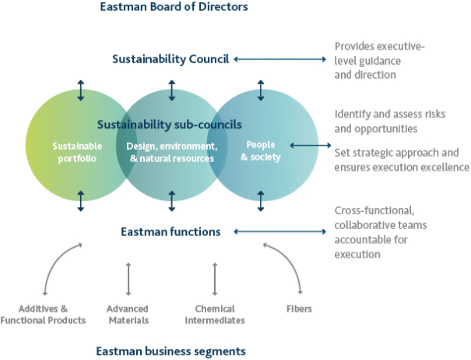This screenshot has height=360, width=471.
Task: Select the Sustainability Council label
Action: (x=170, y=58)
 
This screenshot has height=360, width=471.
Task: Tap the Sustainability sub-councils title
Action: (x=169, y=124)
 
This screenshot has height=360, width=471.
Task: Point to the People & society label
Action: (x=260, y=151)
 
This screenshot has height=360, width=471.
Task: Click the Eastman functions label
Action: (x=170, y=231)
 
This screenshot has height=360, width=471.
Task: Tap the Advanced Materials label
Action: (x=128, y=314)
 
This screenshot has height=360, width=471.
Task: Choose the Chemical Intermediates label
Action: (x=214, y=314)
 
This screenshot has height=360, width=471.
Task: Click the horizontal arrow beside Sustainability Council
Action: (x=280, y=59)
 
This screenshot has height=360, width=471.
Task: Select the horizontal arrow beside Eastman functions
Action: (x=280, y=231)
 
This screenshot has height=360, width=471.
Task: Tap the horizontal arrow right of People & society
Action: (x=309, y=145)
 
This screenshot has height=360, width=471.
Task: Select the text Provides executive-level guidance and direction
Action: (x=378, y=61)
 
